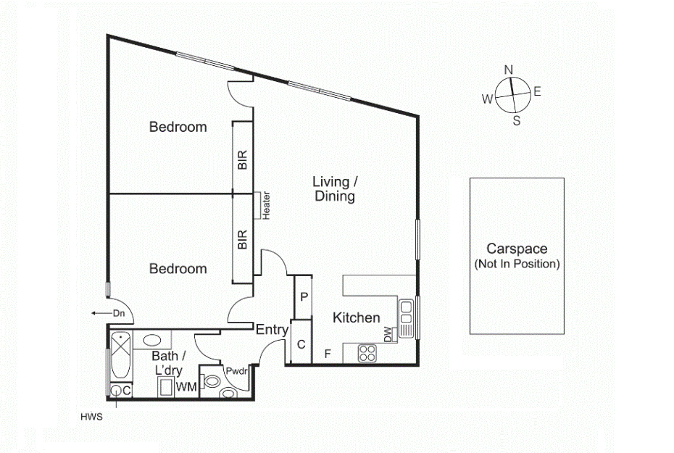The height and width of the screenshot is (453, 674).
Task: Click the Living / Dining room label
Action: [335, 188]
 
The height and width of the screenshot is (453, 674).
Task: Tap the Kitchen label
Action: [357, 317]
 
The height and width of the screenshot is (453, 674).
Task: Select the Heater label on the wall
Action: [267, 206]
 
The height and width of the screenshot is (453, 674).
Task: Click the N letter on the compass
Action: [509, 70]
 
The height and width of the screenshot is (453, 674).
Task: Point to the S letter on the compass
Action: [517, 121]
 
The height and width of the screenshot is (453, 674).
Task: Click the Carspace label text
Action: [517, 249]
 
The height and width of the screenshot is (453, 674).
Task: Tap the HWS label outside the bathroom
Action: [91, 417]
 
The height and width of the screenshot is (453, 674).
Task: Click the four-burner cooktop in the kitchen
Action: [367, 353]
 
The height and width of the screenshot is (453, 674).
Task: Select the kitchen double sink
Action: [406, 318]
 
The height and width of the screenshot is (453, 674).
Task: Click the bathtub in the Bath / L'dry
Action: [121, 355]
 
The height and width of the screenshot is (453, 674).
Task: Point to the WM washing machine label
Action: [186, 387]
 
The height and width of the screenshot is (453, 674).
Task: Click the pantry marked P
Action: [304, 297]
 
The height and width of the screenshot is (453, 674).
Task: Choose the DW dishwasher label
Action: [388, 334]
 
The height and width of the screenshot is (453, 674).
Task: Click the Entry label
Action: [272, 330]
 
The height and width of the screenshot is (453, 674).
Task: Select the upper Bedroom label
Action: [178, 127]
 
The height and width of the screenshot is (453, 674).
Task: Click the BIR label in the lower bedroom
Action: [243, 239]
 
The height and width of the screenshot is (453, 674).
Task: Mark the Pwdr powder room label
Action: [237, 371]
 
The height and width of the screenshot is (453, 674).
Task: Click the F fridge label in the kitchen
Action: [328, 354]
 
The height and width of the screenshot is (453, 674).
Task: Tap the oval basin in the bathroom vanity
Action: [151, 341]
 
